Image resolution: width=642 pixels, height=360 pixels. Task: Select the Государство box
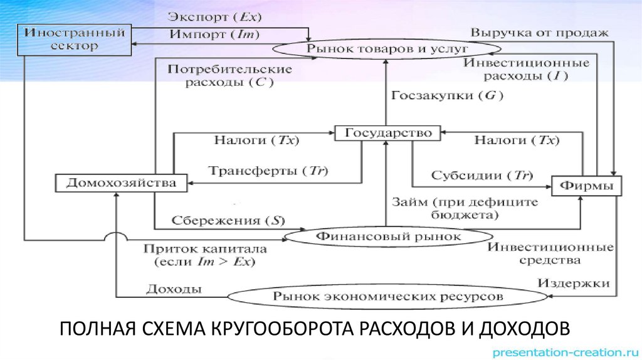coord(386,134)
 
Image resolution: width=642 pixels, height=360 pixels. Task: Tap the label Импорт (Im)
coord(214,35)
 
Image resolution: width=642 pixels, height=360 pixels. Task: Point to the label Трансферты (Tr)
coord(268,171)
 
